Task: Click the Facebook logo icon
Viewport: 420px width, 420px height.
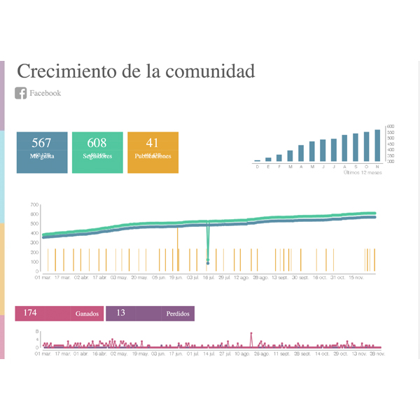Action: (21, 93)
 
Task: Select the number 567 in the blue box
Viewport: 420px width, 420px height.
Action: (42, 143)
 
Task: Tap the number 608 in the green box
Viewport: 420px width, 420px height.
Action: (97, 143)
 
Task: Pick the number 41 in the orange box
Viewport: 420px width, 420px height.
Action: (153, 143)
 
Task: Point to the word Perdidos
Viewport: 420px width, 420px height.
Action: (178, 314)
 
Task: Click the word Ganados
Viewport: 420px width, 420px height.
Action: (87, 314)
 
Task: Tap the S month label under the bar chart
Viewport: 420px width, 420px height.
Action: (356, 167)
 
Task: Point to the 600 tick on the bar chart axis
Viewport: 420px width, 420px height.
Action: (391, 127)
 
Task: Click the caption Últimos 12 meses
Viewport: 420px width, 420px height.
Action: (361, 172)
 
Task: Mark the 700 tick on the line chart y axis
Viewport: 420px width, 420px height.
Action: (34, 205)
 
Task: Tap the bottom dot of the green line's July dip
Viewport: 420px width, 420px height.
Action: (208, 263)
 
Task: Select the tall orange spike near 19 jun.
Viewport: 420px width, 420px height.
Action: (178, 248)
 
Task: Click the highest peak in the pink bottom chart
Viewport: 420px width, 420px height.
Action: (251, 334)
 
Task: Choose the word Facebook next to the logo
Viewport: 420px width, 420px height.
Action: (45, 93)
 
